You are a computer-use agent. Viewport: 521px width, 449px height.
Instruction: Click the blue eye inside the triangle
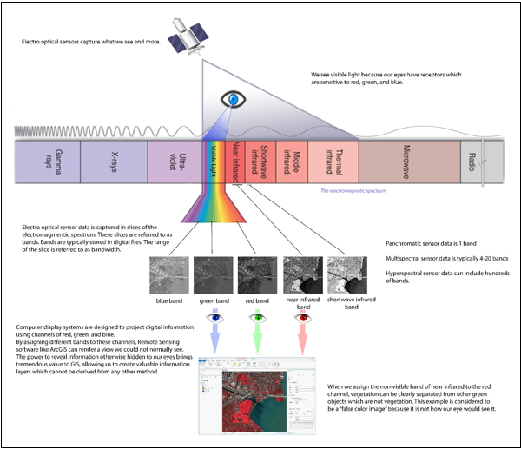(232, 100)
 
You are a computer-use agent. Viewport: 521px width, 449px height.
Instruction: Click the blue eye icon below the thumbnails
(214, 319)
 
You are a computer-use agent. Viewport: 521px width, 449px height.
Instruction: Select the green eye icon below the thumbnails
(258, 319)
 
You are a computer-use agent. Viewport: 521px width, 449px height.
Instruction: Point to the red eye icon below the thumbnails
(302, 319)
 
